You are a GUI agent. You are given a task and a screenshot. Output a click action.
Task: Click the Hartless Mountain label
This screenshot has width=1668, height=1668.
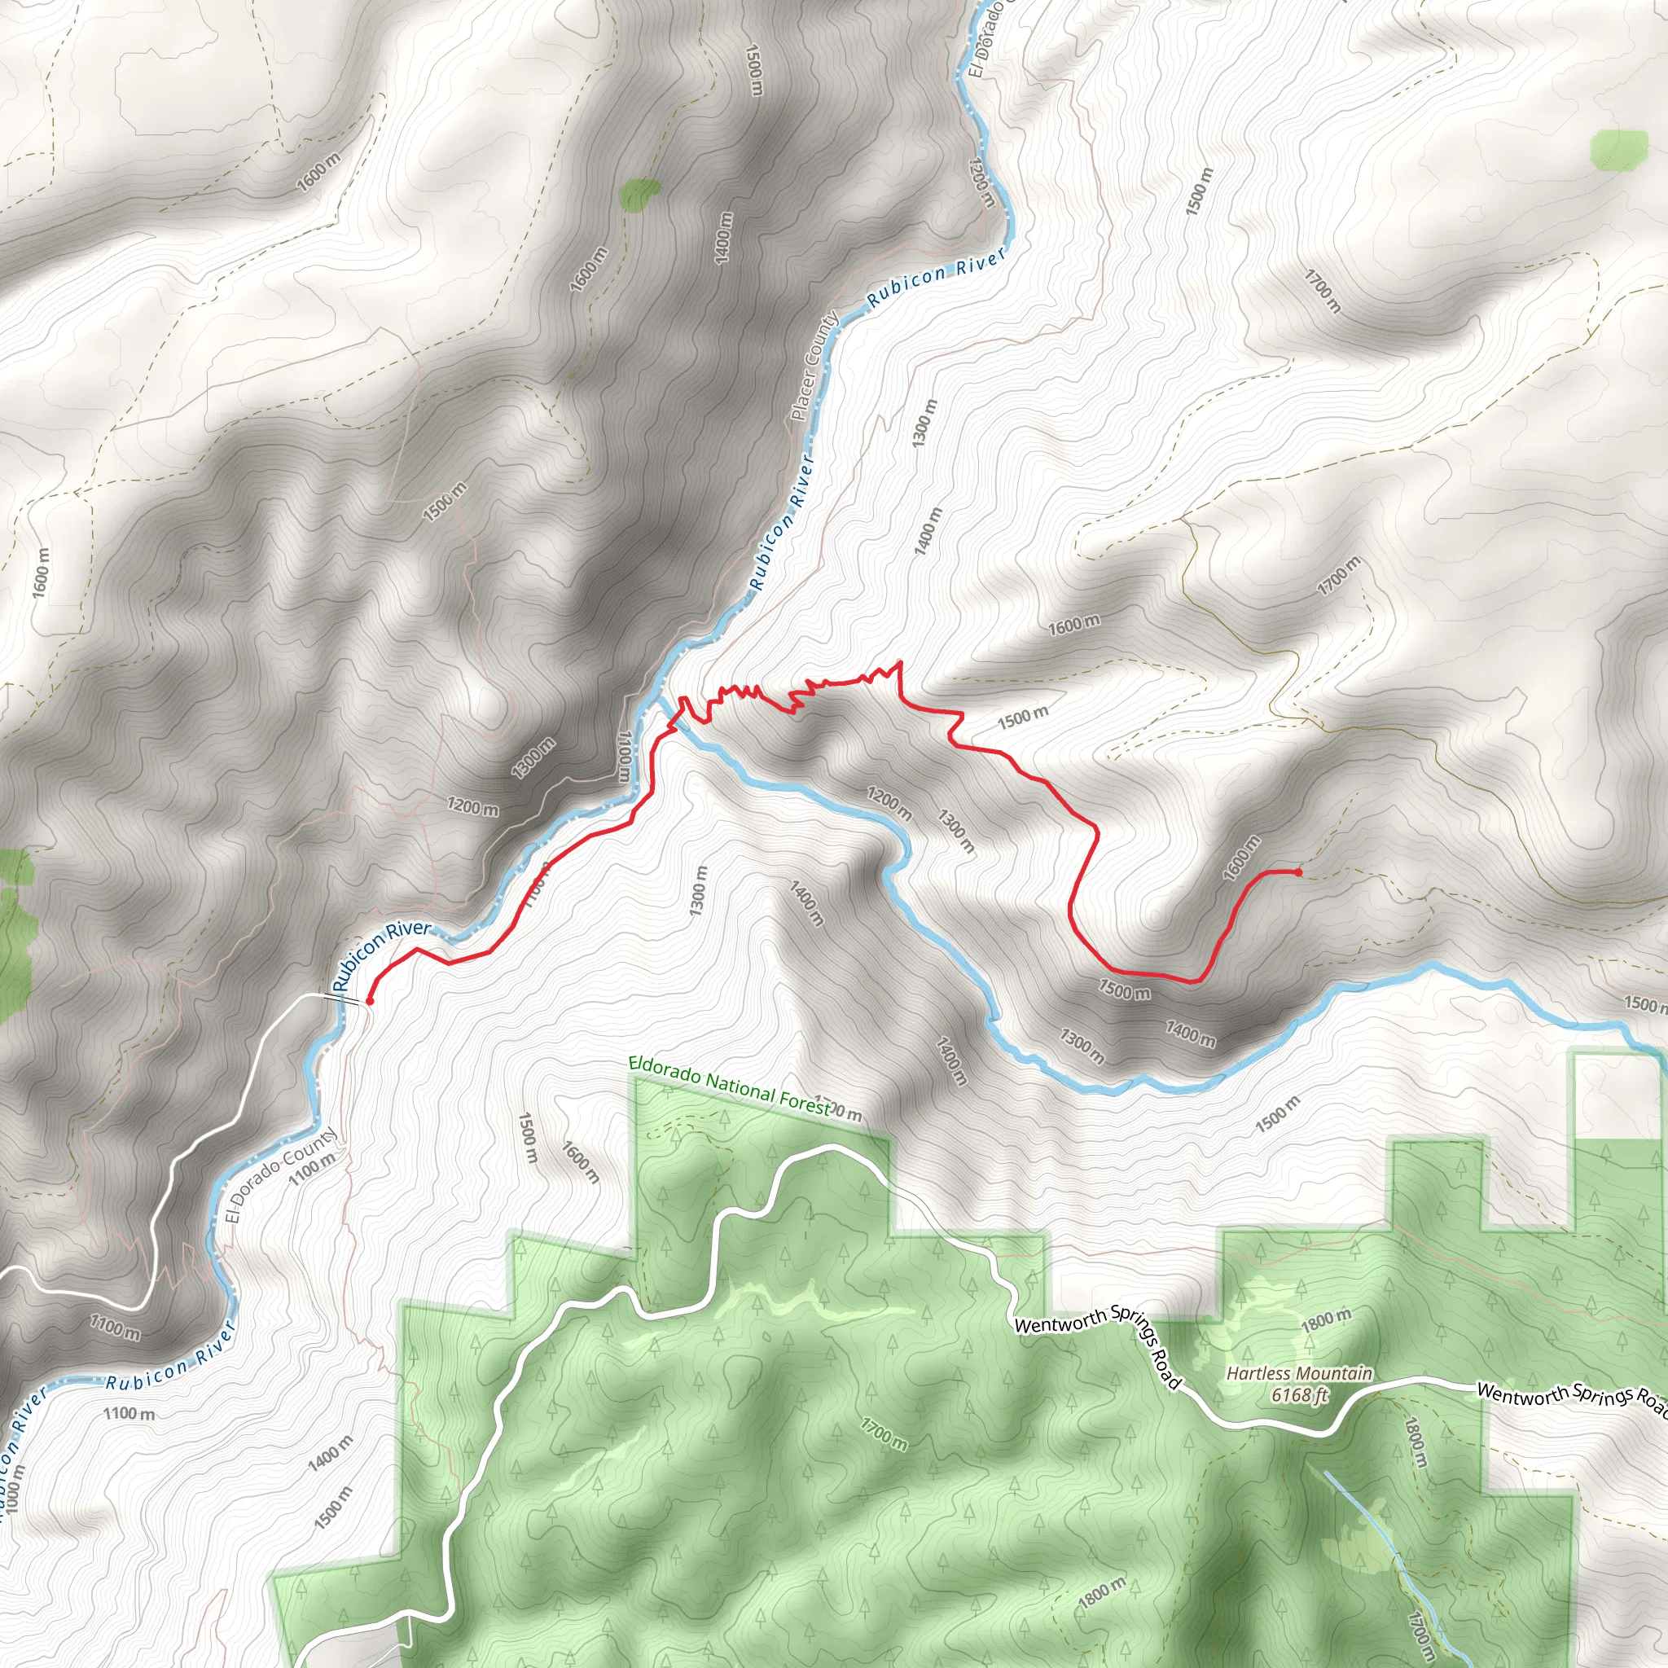tap(1299, 1372)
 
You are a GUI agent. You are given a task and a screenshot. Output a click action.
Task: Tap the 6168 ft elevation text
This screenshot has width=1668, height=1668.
tap(1299, 1394)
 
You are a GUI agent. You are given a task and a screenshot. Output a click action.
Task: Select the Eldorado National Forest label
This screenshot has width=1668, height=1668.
tap(730, 1086)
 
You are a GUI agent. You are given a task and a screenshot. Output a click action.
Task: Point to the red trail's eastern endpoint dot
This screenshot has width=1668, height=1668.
tap(1298, 872)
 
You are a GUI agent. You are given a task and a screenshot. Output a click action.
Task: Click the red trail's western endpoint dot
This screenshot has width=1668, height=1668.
tap(370, 1002)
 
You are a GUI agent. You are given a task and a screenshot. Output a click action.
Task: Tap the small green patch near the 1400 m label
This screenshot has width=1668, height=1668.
tap(639, 195)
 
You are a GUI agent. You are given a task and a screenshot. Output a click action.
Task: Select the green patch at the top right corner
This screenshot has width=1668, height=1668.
tap(1619, 148)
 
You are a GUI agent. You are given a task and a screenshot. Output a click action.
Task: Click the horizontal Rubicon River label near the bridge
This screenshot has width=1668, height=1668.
tap(382, 954)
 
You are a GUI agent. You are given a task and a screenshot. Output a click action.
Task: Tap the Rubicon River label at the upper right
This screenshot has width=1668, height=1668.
tap(937, 277)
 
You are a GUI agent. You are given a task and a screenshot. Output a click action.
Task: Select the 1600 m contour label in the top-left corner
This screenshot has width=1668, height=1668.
tap(318, 172)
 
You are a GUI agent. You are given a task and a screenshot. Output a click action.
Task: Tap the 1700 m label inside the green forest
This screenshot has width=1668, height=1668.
tap(884, 1434)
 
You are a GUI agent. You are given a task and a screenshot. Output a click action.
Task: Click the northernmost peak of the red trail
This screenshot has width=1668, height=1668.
tap(901, 662)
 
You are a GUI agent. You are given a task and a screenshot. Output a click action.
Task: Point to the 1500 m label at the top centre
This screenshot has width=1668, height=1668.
tap(753, 70)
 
